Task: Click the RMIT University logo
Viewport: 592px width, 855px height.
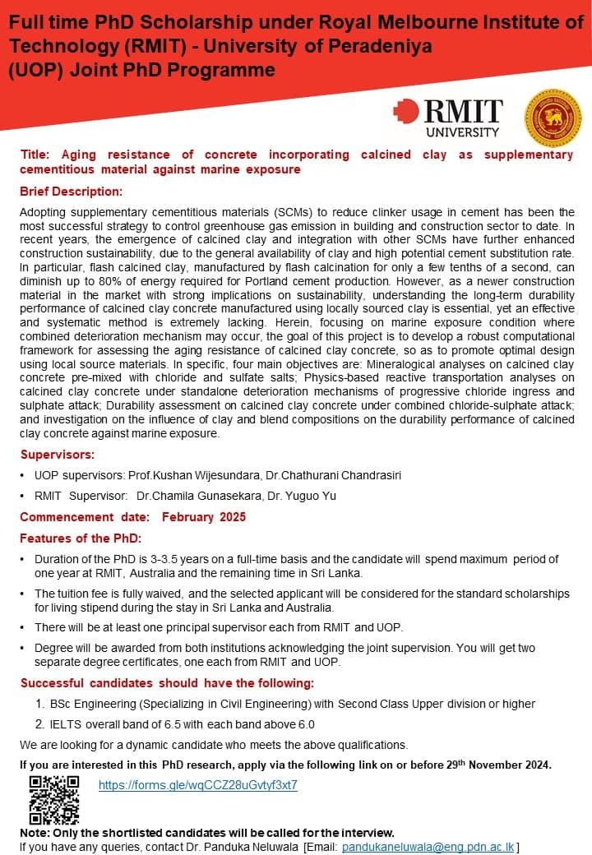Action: point(448,117)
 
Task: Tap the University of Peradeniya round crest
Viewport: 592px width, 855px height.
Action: point(553,117)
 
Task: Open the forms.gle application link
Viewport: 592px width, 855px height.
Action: point(197,785)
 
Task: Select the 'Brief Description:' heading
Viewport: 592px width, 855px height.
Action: point(71,192)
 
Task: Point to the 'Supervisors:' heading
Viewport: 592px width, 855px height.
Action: point(58,454)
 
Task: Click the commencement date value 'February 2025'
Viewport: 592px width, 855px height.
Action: point(203,517)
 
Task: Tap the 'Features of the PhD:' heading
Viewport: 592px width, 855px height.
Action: point(81,538)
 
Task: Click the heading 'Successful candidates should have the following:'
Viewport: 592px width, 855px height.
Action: point(167,683)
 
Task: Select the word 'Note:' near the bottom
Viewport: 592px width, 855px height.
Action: point(35,832)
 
